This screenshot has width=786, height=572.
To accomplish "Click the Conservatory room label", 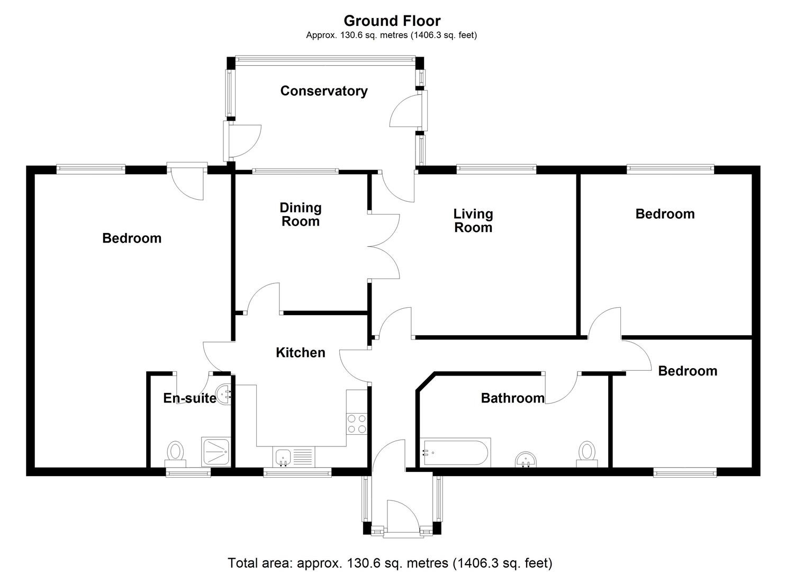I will point(323,91).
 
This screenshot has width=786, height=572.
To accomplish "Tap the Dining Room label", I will point(301,215).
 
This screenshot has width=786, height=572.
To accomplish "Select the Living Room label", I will point(473,220).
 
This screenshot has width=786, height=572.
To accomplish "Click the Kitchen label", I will point(300,353).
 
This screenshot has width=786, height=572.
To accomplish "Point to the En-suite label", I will point(189,398).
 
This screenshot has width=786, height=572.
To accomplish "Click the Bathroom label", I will point(512,398).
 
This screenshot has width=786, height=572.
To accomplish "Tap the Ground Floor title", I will point(392,21).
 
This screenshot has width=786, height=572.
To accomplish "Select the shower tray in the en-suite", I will point(215,452).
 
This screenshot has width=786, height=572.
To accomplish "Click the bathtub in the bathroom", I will point(456,452).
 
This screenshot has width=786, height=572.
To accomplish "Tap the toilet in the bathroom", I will point(586,454).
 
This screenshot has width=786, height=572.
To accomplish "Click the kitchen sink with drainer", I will point(294,457).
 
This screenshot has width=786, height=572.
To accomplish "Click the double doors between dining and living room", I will point(384,246).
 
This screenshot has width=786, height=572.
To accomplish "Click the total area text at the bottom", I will point(390,562).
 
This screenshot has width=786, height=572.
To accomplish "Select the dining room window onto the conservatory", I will point(295,171).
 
